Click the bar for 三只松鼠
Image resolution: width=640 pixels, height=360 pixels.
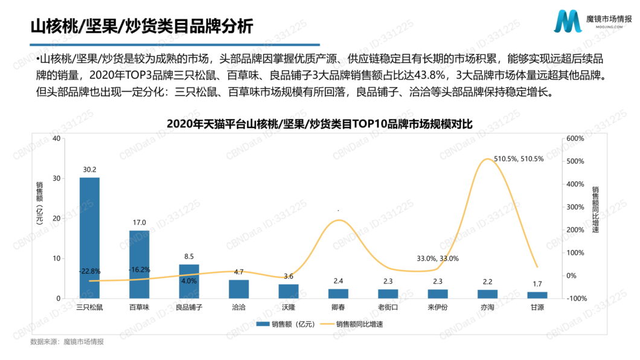pos(89,238)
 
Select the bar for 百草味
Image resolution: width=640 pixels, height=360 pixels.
pos(139,264)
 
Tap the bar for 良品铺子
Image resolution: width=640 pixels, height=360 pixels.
pos(189,281)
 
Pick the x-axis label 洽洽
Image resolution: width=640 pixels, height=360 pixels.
pos(238,307)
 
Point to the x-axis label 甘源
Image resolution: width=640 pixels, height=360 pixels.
pos(537,307)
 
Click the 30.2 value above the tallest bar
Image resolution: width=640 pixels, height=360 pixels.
pos(90,170)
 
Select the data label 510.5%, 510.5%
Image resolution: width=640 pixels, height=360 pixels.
pos(519,159)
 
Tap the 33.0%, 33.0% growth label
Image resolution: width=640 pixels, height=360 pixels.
pos(438,259)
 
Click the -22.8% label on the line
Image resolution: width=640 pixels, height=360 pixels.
pos(89,271)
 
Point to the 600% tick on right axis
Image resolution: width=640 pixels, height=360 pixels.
pos(575,138)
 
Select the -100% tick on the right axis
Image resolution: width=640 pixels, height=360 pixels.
pos(575,298)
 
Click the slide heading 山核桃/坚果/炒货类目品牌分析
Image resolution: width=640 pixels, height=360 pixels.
pos(141,27)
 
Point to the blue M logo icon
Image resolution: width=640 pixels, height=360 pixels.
pos(568,22)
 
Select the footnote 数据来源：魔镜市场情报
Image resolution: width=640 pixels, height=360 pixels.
pos(67,342)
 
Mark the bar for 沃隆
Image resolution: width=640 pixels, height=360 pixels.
pos(289,291)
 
